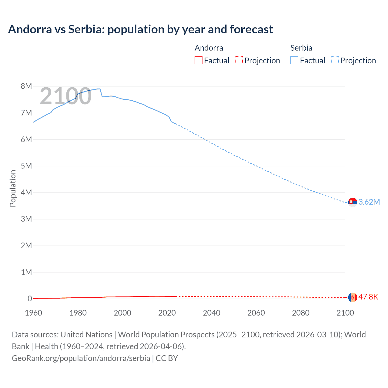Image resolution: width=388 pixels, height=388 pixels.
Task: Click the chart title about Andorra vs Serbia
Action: pyautogui.click(x=140, y=29)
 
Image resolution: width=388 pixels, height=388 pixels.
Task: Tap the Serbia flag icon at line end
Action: pyautogui.click(x=353, y=202)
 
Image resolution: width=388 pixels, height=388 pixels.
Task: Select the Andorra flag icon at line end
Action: pyautogui.click(x=353, y=297)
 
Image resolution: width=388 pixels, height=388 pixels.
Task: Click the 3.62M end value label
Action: pyautogui.click(x=369, y=202)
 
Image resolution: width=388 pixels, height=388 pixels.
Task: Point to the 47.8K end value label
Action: pyautogui.click(x=368, y=297)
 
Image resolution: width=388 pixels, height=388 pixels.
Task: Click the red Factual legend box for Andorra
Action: pyautogui.click(x=199, y=60)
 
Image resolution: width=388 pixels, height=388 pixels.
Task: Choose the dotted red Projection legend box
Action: pyautogui.click(x=239, y=60)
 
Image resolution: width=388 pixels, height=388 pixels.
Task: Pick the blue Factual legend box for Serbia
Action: pyautogui.click(x=294, y=60)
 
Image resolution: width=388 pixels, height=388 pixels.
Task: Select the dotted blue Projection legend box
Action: pyautogui.click(x=335, y=60)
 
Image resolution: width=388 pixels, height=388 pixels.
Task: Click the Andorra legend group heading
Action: pyautogui.click(x=209, y=48)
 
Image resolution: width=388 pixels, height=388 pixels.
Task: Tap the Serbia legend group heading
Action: pyautogui.click(x=301, y=48)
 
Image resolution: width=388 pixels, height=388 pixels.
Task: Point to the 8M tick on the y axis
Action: pyautogui.click(x=26, y=86)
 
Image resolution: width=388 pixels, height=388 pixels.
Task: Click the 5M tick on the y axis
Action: pyautogui.click(x=26, y=166)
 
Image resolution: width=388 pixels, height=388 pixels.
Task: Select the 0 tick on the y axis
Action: pyautogui.click(x=30, y=299)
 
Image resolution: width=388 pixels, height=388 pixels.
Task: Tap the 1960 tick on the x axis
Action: pyautogui.click(x=33, y=313)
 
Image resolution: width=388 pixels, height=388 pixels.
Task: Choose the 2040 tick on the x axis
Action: pyautogui.click(x=212, y=313)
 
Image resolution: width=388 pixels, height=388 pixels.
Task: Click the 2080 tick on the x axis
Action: pyautogui.click(x=301, y=313)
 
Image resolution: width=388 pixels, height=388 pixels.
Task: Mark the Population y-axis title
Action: pyautogui.click(x=13, y=188)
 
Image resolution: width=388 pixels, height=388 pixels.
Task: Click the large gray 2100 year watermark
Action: pyautogui.click(x=65, y=96)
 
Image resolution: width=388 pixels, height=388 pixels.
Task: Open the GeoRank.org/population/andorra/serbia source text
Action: pyautogui.click(x=81, y=358)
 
